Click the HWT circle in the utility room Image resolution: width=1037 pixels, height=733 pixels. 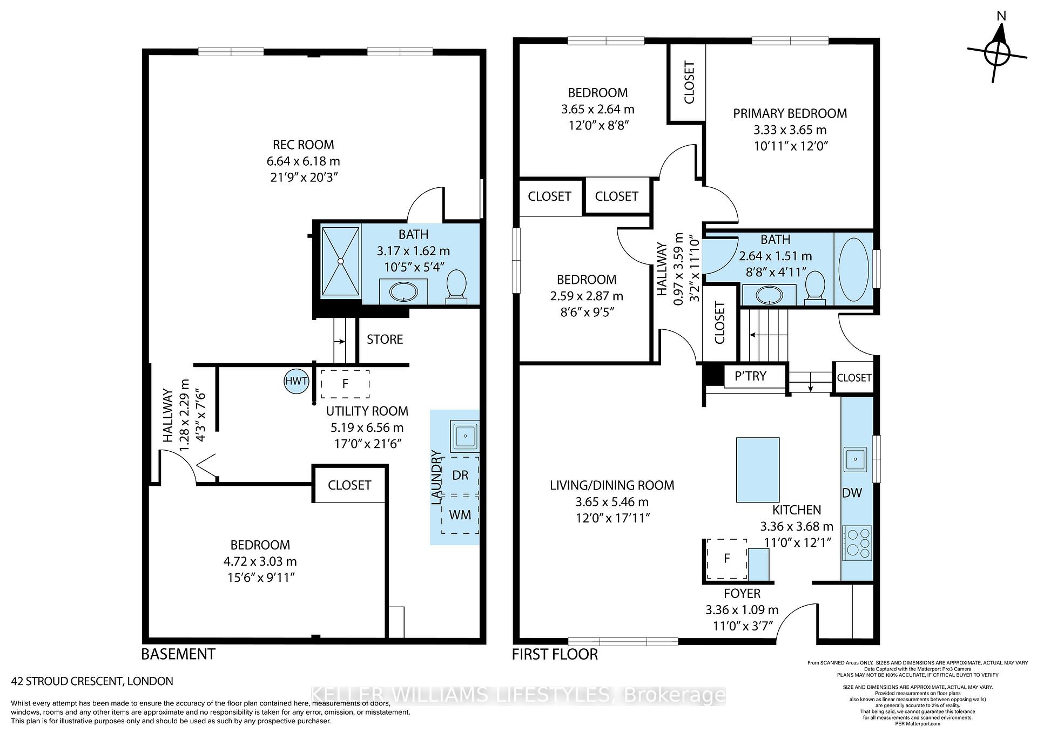(x=297, y=382)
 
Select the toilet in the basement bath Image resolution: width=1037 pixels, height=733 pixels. (x=456, y=286)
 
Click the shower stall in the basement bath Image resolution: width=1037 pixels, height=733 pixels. (x=340, y=261)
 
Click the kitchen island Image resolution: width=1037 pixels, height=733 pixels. (x=758, y=470)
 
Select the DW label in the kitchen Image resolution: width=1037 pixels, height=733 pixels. (x=852, y=492)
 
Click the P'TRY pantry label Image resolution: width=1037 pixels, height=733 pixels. (x=751, y=376)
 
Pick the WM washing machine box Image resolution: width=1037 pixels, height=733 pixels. (x=460, y=515)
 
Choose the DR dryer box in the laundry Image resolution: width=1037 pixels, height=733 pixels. (x=460, y=476)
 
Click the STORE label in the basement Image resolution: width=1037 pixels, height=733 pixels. (x=385, y=340)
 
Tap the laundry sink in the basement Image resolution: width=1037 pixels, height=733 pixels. (x=464, y=436)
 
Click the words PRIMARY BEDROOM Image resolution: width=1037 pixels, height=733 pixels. (x=790, y=113)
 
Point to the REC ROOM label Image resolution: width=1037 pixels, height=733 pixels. (x=303, y=145)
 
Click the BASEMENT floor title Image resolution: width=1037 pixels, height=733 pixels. (x=178, y=654)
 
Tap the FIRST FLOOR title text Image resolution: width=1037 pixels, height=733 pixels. (x=555, y=655)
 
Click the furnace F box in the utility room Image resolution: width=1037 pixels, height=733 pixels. (x=345, y=384)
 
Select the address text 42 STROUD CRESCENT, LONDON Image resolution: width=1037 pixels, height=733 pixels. (x=92, y=681)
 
